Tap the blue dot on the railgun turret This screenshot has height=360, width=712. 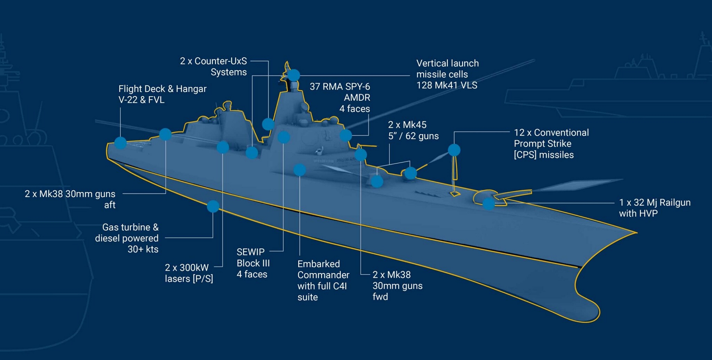489,204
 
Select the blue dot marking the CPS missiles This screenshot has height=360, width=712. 454,150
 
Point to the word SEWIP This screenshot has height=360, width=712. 250,252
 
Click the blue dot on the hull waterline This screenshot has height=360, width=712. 213,206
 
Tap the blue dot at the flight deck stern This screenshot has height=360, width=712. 120,143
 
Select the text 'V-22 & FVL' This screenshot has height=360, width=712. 141,100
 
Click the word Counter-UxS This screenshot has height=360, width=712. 220,61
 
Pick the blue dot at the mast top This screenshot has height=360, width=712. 294,75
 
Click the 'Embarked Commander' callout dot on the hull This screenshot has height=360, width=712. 299,170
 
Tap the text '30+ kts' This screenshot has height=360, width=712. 143,249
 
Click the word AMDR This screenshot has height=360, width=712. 357,98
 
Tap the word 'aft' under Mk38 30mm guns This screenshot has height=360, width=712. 110,205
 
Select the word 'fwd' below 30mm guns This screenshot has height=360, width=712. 380,297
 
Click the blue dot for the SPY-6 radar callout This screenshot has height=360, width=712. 346,135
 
